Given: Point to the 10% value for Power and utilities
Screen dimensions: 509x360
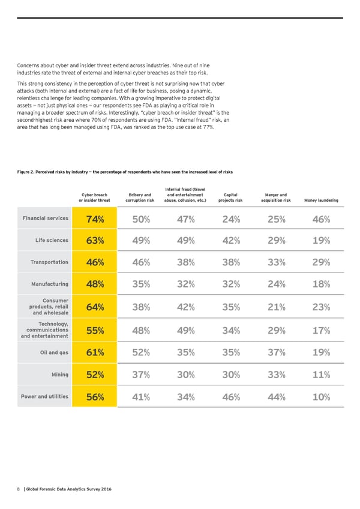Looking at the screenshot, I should point(321,397).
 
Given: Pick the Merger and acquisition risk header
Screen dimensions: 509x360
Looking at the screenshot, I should point(275,197).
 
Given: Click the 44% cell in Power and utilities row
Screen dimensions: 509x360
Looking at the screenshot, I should point(275,397).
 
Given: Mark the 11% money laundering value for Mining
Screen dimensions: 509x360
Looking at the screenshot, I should point(321,375).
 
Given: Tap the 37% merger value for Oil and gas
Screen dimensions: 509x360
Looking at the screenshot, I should point(275,352).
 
